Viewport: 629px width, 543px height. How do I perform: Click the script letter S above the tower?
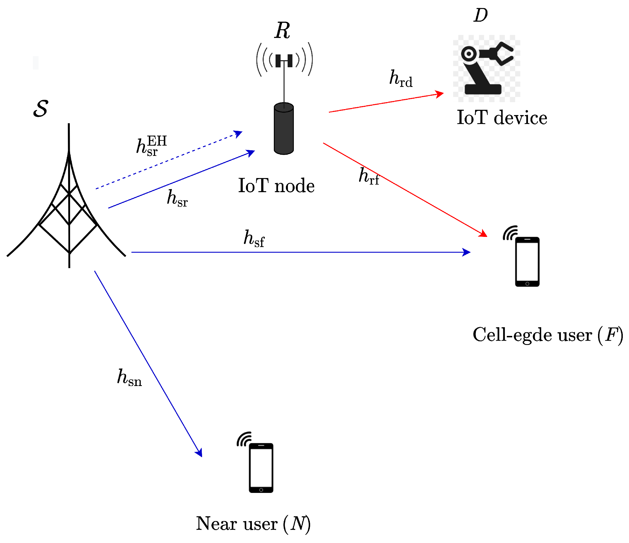(41, 109)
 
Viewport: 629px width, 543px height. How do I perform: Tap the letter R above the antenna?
(282, 31)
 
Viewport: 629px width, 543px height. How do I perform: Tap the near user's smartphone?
(261, 468)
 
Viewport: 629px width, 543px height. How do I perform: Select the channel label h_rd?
(401, 78)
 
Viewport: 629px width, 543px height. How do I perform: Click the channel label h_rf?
(369, 176)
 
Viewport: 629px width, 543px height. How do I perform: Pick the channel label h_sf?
(254, 239)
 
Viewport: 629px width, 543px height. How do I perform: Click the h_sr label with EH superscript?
(151, 146)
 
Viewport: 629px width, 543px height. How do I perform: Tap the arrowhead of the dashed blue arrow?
(239, 133)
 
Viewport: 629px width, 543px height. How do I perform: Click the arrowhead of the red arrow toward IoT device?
(440, 94)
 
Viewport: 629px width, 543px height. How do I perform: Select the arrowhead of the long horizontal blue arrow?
(466, 252)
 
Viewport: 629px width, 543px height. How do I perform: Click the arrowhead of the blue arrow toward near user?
(199, 453)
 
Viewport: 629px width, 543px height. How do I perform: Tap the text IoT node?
(276, 186)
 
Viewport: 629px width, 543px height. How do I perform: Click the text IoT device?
(502, 118)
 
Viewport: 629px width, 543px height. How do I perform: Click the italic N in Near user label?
(297, 524)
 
